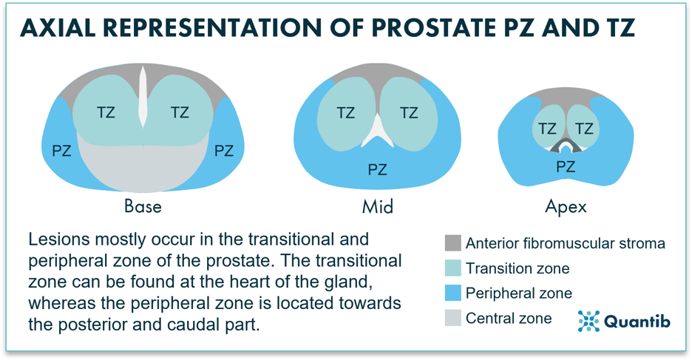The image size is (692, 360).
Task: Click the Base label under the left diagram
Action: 143,206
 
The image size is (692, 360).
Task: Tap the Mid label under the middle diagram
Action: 377,206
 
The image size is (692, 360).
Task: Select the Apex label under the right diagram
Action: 566,207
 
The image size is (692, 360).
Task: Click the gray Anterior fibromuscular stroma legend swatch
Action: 452,243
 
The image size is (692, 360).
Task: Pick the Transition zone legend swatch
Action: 452,268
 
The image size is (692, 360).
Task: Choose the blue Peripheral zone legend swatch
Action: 452,293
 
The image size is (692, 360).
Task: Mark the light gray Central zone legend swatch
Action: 452,318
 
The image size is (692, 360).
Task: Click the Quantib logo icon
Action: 588,321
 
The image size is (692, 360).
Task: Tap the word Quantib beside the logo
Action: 637,321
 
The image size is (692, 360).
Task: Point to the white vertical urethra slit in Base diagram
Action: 143,97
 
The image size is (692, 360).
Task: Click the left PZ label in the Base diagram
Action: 62,151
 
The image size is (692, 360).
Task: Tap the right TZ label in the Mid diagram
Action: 409,113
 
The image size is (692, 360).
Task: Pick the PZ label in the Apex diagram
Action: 566,167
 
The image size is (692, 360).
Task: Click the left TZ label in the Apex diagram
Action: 547,129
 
